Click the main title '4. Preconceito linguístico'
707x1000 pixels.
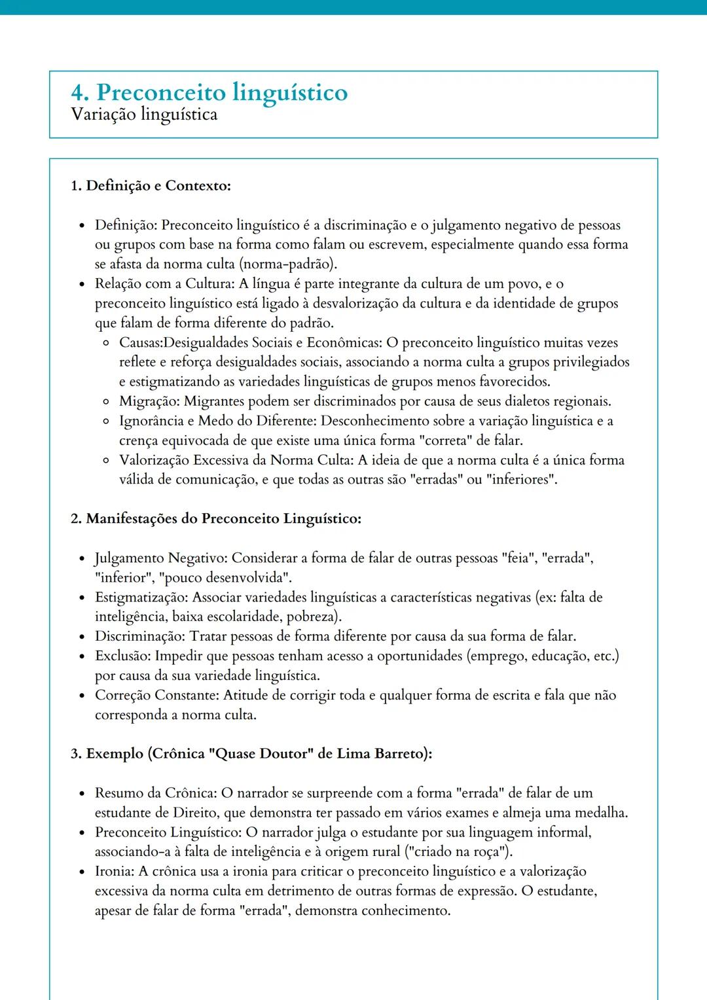click(x=209, y=92)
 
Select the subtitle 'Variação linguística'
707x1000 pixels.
click(x=144, y=115)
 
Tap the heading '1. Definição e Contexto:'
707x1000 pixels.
click(x=151, y=186)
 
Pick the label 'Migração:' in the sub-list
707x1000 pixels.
click(x=149, y=401)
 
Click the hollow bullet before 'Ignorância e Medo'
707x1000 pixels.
click(x=106, y=421)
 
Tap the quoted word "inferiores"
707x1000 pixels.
click(x=522, y=480)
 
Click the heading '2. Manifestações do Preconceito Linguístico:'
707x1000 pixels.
click(x=215, y=519)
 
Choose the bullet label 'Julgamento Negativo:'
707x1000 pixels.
click(x=161, y=558)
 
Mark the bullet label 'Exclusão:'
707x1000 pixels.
click(x=123, y=656)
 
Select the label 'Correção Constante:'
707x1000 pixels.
click(x=158, y=696)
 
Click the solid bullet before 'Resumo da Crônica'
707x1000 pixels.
click(x=82, y=794)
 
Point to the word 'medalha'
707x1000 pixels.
click(x=600, y=813)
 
